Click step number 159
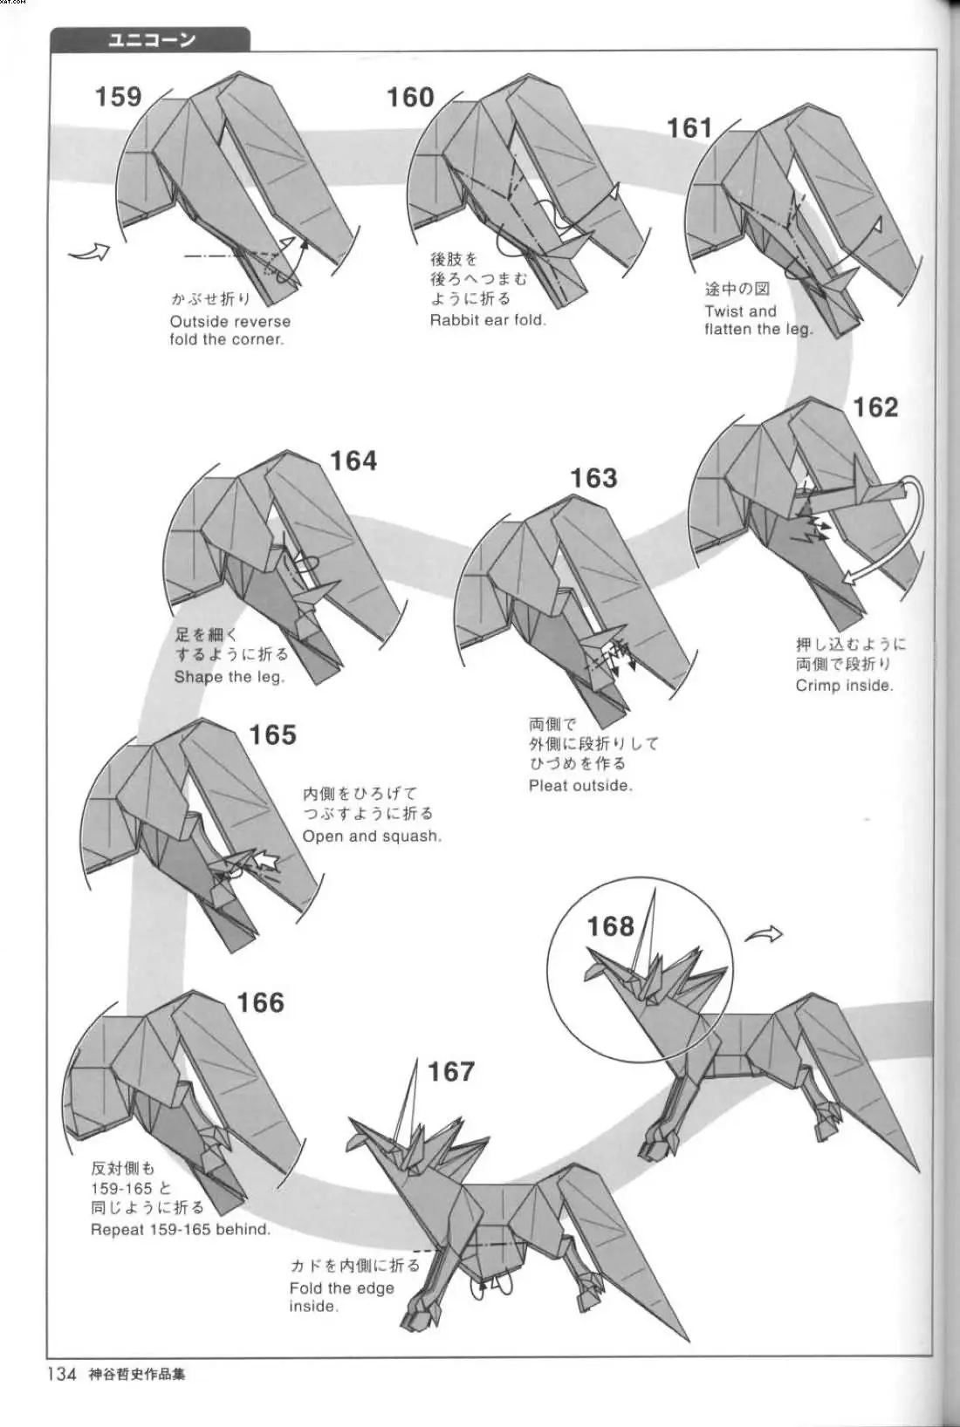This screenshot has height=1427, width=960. (x=118, y=96)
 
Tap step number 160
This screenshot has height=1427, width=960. (x=410, y=97)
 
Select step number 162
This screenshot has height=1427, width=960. (x=874, y=407)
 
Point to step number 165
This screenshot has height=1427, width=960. (x=272, y=735)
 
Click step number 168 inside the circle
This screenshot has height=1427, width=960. (x=610, y=925)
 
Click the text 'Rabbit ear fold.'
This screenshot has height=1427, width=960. (x=488, y=320)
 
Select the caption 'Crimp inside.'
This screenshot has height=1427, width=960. (x=844, y=686)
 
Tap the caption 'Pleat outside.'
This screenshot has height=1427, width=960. (x=580, y=785)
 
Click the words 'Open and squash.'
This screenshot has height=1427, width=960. (x=372, y=836)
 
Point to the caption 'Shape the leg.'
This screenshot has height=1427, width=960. (x=229, y=677)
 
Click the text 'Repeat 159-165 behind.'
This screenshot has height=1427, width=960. (x=181, y=1230)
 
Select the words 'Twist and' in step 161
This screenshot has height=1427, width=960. (x=740, y=311)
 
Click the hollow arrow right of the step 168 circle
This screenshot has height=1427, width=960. (x=764, y=935)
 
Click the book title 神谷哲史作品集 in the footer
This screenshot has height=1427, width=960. (x=136, y=1376)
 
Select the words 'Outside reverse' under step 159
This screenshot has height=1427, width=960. (x=230, y=321)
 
